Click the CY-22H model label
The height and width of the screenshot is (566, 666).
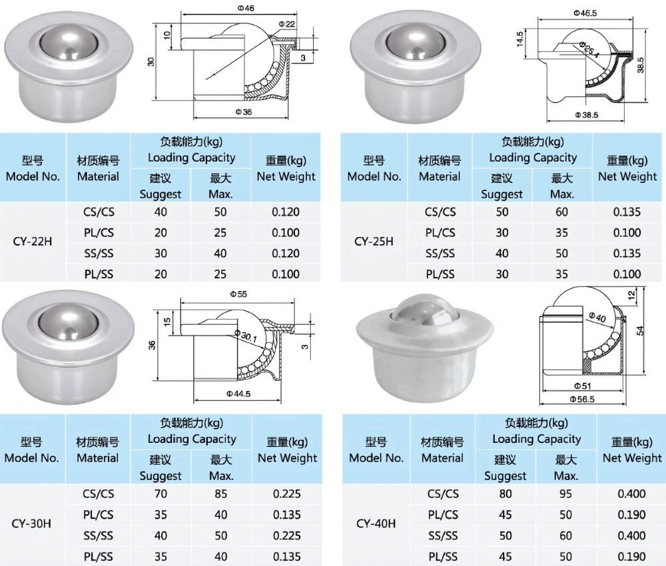click(x=32, y=242)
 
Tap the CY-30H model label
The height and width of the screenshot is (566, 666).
click(x=32, y=523)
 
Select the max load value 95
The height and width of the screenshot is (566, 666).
click(x=565, y=494)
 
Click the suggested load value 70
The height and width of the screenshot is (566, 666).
click(x=160, y=494)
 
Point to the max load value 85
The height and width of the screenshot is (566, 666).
click(x=220, y=494)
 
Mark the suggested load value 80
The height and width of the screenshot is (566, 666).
click(x=505, y=494)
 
